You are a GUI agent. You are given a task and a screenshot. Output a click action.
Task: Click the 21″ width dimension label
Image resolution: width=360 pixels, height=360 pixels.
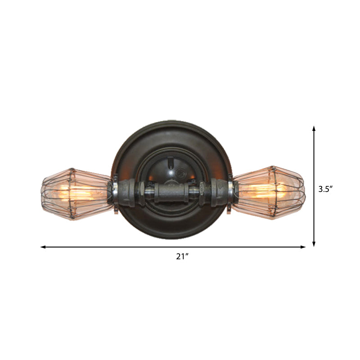[x=181, y=257]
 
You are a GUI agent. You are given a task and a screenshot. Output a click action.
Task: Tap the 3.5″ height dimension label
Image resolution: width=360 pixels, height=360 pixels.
[x=325, y=189]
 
